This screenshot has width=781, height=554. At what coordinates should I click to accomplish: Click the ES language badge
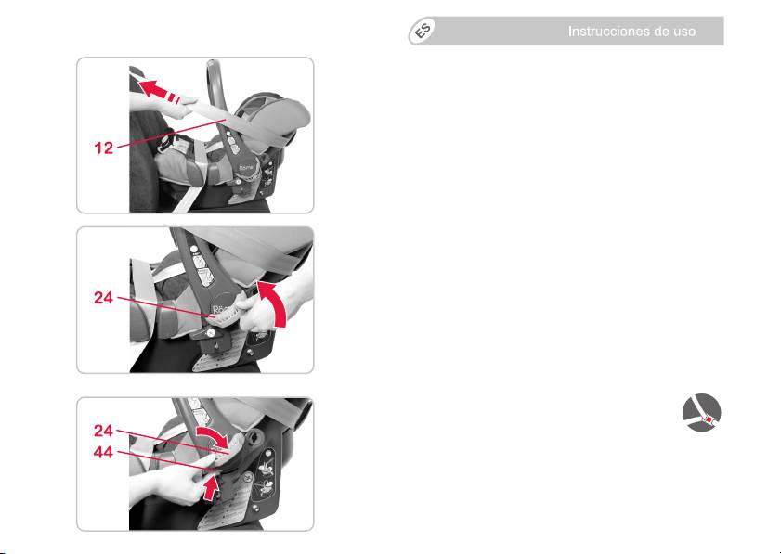tap(422, 32)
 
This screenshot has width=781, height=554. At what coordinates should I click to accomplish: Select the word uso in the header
tap(684, 32)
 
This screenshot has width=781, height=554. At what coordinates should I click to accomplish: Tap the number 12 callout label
tap(104, 148)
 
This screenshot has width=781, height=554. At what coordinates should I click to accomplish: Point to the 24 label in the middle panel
tap(104, 298)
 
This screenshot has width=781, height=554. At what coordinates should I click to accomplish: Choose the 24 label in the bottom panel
tap(104, 431)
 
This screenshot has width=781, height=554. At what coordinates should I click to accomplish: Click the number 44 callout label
tap(104, 453)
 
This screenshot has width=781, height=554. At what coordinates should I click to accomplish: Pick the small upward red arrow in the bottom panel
tap(212, 488)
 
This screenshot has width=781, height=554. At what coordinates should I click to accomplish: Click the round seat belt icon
tap(701, 413)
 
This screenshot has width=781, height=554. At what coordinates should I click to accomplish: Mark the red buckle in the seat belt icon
tap(709, 419)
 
